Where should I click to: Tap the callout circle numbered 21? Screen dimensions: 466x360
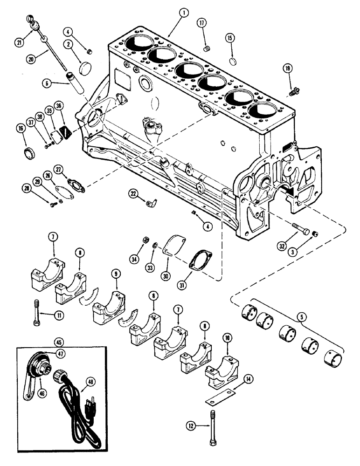coord(20,42)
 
